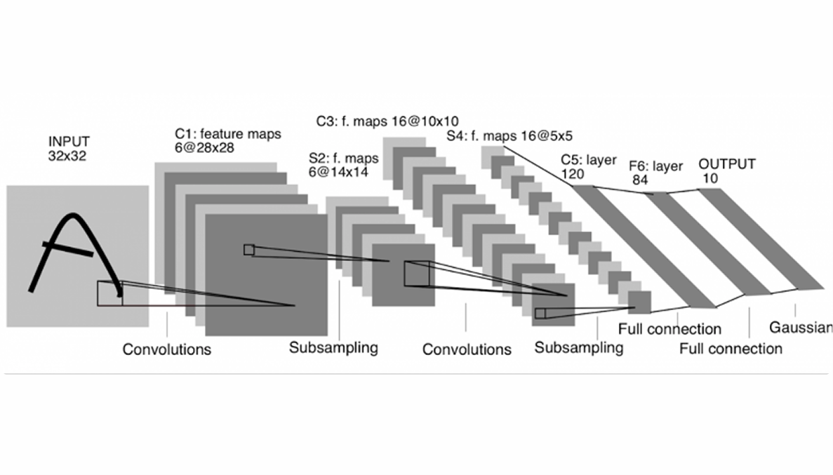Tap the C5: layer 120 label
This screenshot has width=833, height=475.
588,168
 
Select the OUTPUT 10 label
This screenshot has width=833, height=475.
726,170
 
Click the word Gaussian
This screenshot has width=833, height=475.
801,327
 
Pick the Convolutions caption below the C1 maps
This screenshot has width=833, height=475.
167,349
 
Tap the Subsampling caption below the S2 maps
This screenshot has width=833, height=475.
333,347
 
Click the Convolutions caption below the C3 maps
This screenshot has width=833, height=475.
467,349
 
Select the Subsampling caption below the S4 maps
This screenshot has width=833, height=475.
578,347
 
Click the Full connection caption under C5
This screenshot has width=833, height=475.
669,329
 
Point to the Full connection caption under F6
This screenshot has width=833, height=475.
731,349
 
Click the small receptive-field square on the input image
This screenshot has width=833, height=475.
109,293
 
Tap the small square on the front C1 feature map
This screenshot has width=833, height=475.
248,249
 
